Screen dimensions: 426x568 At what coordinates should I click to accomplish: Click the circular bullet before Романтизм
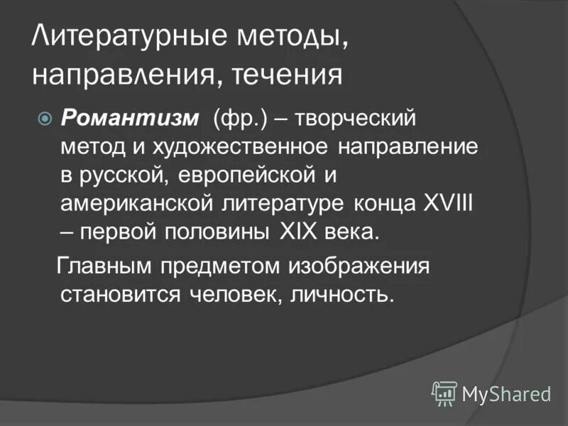point(44,118)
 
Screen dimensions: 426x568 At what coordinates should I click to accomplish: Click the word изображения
point(358,267)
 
